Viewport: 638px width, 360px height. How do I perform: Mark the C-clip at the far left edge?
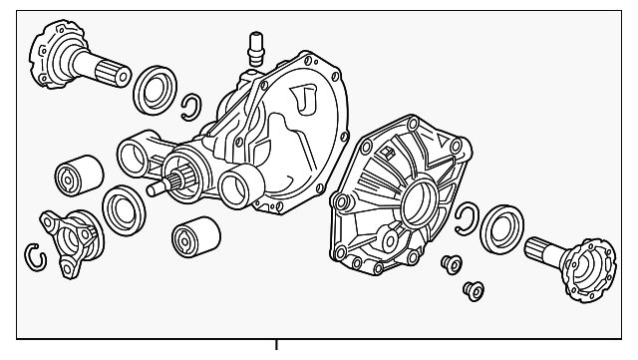(35, 257)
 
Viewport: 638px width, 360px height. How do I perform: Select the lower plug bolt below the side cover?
(472, 290)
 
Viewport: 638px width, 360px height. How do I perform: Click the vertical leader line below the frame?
(276, 350)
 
